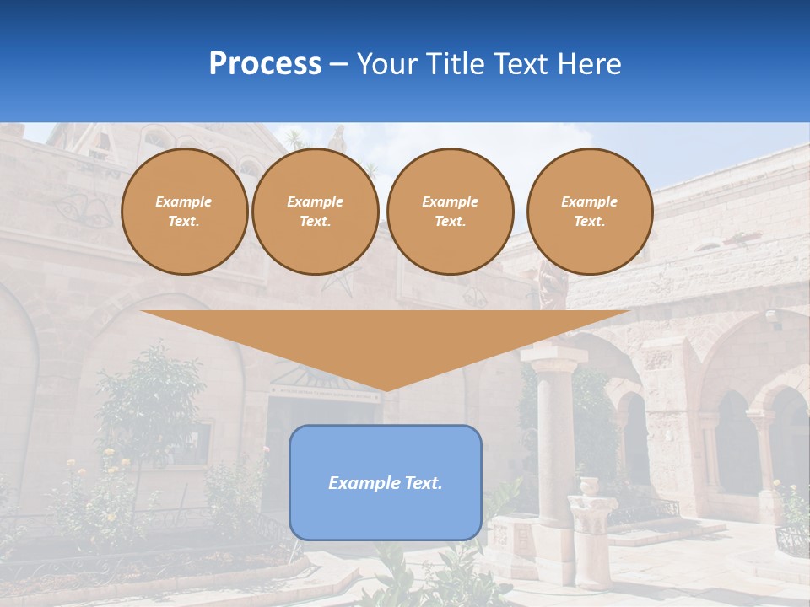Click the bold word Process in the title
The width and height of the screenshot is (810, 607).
click(265, 64)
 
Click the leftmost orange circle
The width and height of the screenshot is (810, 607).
click(184, 212)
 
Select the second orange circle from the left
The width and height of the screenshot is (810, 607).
click(315, 212)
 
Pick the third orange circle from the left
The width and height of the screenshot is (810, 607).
click(450, 212)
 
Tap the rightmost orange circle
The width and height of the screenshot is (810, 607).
click(589, 212)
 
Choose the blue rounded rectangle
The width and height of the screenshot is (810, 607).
click(386, 482)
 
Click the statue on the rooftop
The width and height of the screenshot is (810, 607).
click(337, 140)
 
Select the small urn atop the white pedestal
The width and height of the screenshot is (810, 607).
click(589, 487)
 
